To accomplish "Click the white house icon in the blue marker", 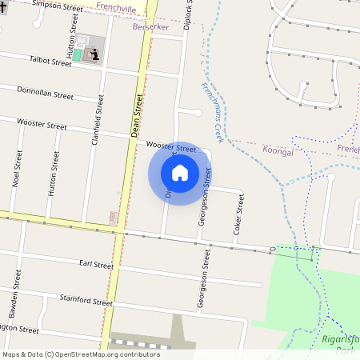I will click(x=180, y=172).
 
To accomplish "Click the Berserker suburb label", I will click(x=152, y=26).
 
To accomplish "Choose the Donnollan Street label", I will click(x=45, y=94).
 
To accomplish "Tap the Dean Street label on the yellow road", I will click(x=137, y=115).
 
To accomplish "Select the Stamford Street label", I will click(x=86, y=302).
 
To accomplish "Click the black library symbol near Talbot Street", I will click(x=95, y=54).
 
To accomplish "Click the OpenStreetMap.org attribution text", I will click(x=104, y=354).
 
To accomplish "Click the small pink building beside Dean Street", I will click(x=114, y=217).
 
